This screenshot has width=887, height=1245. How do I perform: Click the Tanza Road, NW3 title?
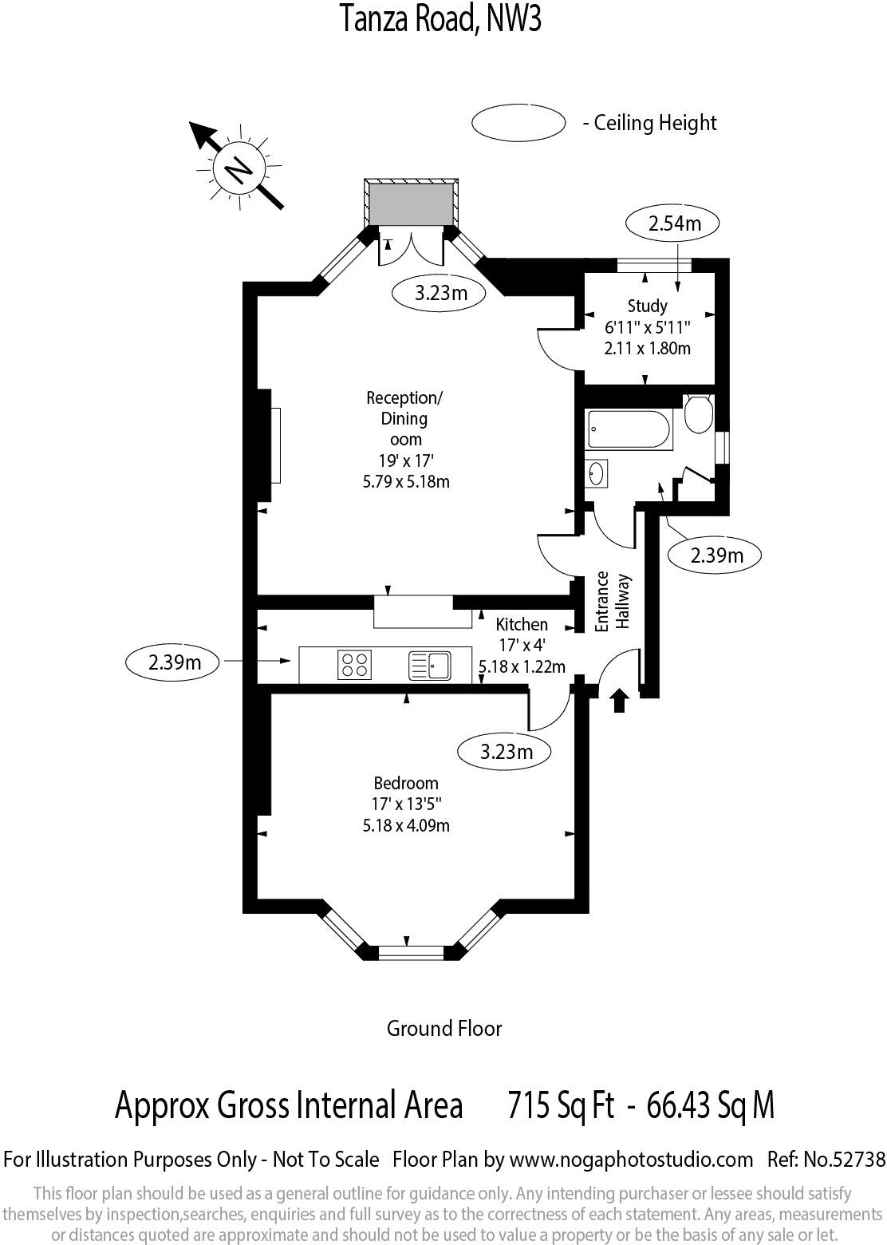pos(441,19)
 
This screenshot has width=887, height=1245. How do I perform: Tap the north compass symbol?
pos(237,167)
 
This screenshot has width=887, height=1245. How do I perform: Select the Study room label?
pos(647,306)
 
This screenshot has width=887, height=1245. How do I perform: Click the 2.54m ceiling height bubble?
pos(674,223)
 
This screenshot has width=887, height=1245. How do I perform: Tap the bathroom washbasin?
pos(597,473)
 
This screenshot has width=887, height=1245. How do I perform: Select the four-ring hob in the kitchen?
pos(355,666)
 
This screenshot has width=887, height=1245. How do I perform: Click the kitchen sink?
pos(430,666)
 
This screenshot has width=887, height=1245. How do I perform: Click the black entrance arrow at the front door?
pos(620,702)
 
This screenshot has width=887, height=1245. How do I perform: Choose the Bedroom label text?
pos(406,783)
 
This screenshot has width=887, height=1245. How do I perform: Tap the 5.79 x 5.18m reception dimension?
pos(406,481)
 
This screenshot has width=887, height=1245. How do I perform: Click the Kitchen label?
pos(522,624)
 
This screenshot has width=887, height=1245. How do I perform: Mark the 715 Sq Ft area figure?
pos(561,1106)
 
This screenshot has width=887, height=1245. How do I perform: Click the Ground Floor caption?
pos(444,1028)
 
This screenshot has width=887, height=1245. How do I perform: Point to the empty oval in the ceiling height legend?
pos(518,123)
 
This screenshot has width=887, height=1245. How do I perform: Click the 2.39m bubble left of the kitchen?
pos(174,662)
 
